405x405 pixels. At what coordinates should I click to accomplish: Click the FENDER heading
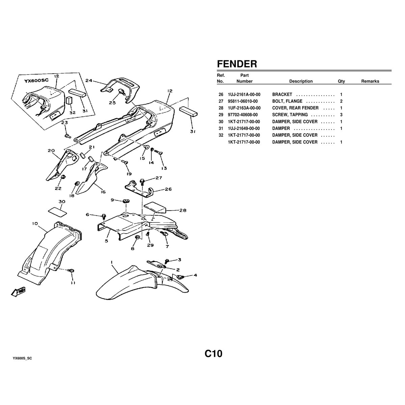point(237,64)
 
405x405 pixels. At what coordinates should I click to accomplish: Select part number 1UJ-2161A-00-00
point(244,94)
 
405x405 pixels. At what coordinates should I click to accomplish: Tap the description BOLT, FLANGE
point(287,101)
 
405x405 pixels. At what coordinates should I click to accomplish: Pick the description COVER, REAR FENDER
point(295,108)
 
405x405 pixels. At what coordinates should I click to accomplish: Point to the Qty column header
point(341,81)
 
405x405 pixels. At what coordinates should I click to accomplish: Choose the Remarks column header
point(370,81)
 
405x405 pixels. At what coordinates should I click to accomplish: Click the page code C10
point(213,354)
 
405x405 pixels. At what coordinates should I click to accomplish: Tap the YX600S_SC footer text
point(22,358)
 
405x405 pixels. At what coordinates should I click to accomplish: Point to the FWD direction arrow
point(19,292)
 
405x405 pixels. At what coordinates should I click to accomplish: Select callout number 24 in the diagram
point(89,81)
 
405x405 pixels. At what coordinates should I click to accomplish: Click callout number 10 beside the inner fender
point(35,223)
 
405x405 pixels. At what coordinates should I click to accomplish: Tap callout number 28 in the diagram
point(183,210)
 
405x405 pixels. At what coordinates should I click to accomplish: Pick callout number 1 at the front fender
point(112,262)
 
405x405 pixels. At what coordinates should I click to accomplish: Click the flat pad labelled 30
point(57,211)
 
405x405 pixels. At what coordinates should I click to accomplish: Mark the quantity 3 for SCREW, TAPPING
point(341,115)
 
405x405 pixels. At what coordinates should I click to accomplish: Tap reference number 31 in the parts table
point(221,129)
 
